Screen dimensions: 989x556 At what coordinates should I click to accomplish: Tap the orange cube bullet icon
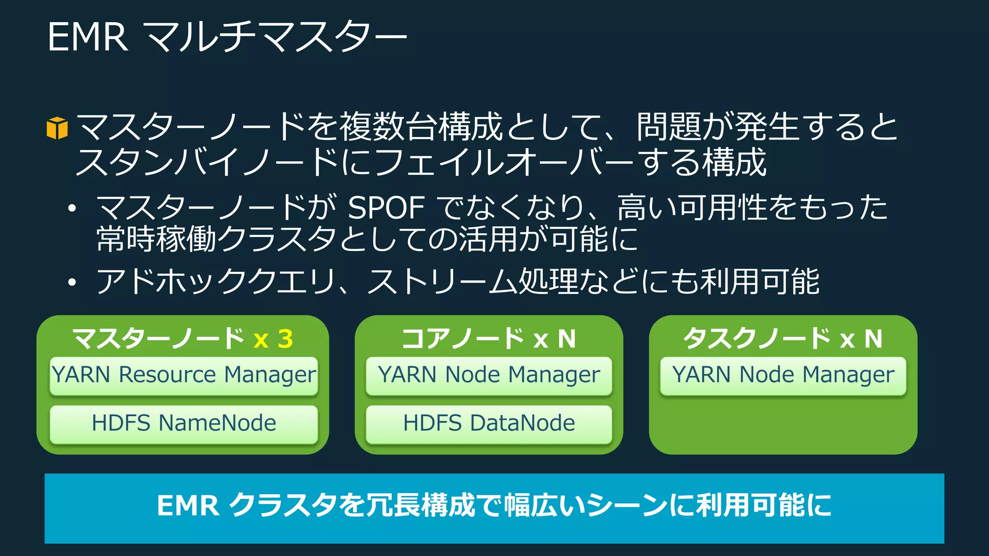tap(57, 128)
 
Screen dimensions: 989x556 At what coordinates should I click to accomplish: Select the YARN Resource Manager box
tap(184, 376)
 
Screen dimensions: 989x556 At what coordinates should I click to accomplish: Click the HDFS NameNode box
tap(184, 424)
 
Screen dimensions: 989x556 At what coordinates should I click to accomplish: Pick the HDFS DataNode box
tap(489, 424)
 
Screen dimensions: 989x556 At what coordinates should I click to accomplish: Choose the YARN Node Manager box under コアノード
tap(489, 376)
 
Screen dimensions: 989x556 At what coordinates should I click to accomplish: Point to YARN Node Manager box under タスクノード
tap(783, 376)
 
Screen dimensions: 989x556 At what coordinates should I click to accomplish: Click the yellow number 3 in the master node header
tap(285, 339)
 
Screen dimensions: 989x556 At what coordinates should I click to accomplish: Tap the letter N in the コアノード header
tap(566, 339)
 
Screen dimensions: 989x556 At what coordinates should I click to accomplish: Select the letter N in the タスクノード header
tap(873, 339)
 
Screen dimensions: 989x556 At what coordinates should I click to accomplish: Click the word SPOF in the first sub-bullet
tap(386, 208)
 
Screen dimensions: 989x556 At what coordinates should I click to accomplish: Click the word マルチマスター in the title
tap(275, 37)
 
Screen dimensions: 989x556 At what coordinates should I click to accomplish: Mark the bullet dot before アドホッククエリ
tap(72, 282)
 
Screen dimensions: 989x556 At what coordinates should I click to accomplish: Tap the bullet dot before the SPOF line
tap(72, 208)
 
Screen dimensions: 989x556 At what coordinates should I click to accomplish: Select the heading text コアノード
tap(463, 338)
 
